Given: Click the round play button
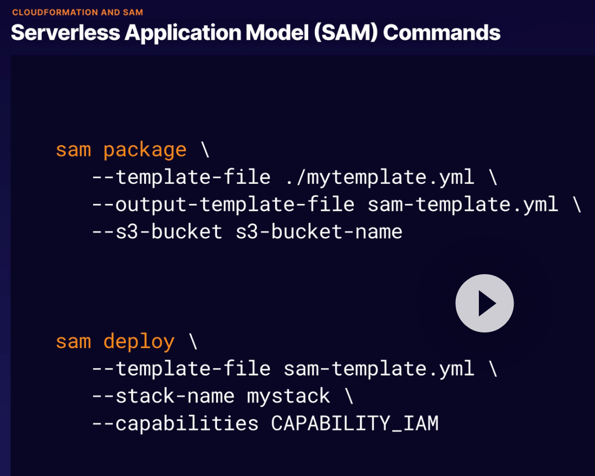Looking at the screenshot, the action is click(x=484, y=303).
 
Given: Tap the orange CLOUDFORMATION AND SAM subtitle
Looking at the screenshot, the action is click(x=77, y=12).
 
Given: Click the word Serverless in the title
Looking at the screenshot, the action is click(x=65, y=33).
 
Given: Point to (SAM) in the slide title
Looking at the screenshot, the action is click(x=346, y=33).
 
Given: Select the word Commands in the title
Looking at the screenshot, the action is click(x=442, y=33).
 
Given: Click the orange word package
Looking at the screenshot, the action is click(x=145, y=150).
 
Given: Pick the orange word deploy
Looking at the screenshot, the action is click(x=139, y=341).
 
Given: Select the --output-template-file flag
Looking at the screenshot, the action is click(x=223, y=204).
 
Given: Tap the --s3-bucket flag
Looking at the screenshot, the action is click(x=157, y=232).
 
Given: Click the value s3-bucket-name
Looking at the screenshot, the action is click(x=319, y=232).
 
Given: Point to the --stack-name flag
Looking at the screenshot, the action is click(x=163, y=396).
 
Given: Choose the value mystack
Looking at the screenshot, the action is click(x=289, y=396).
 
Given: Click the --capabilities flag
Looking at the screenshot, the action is click(x=175, y=423).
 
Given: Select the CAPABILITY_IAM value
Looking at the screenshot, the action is click(x=355, y=423).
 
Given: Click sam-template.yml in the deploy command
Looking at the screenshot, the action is click(x=379, y=368).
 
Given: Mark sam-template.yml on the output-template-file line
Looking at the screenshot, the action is click(x=463, y=204).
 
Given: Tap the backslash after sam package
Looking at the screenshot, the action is click(x=205, y=150).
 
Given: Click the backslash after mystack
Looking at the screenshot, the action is click(x=349, y=396).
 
